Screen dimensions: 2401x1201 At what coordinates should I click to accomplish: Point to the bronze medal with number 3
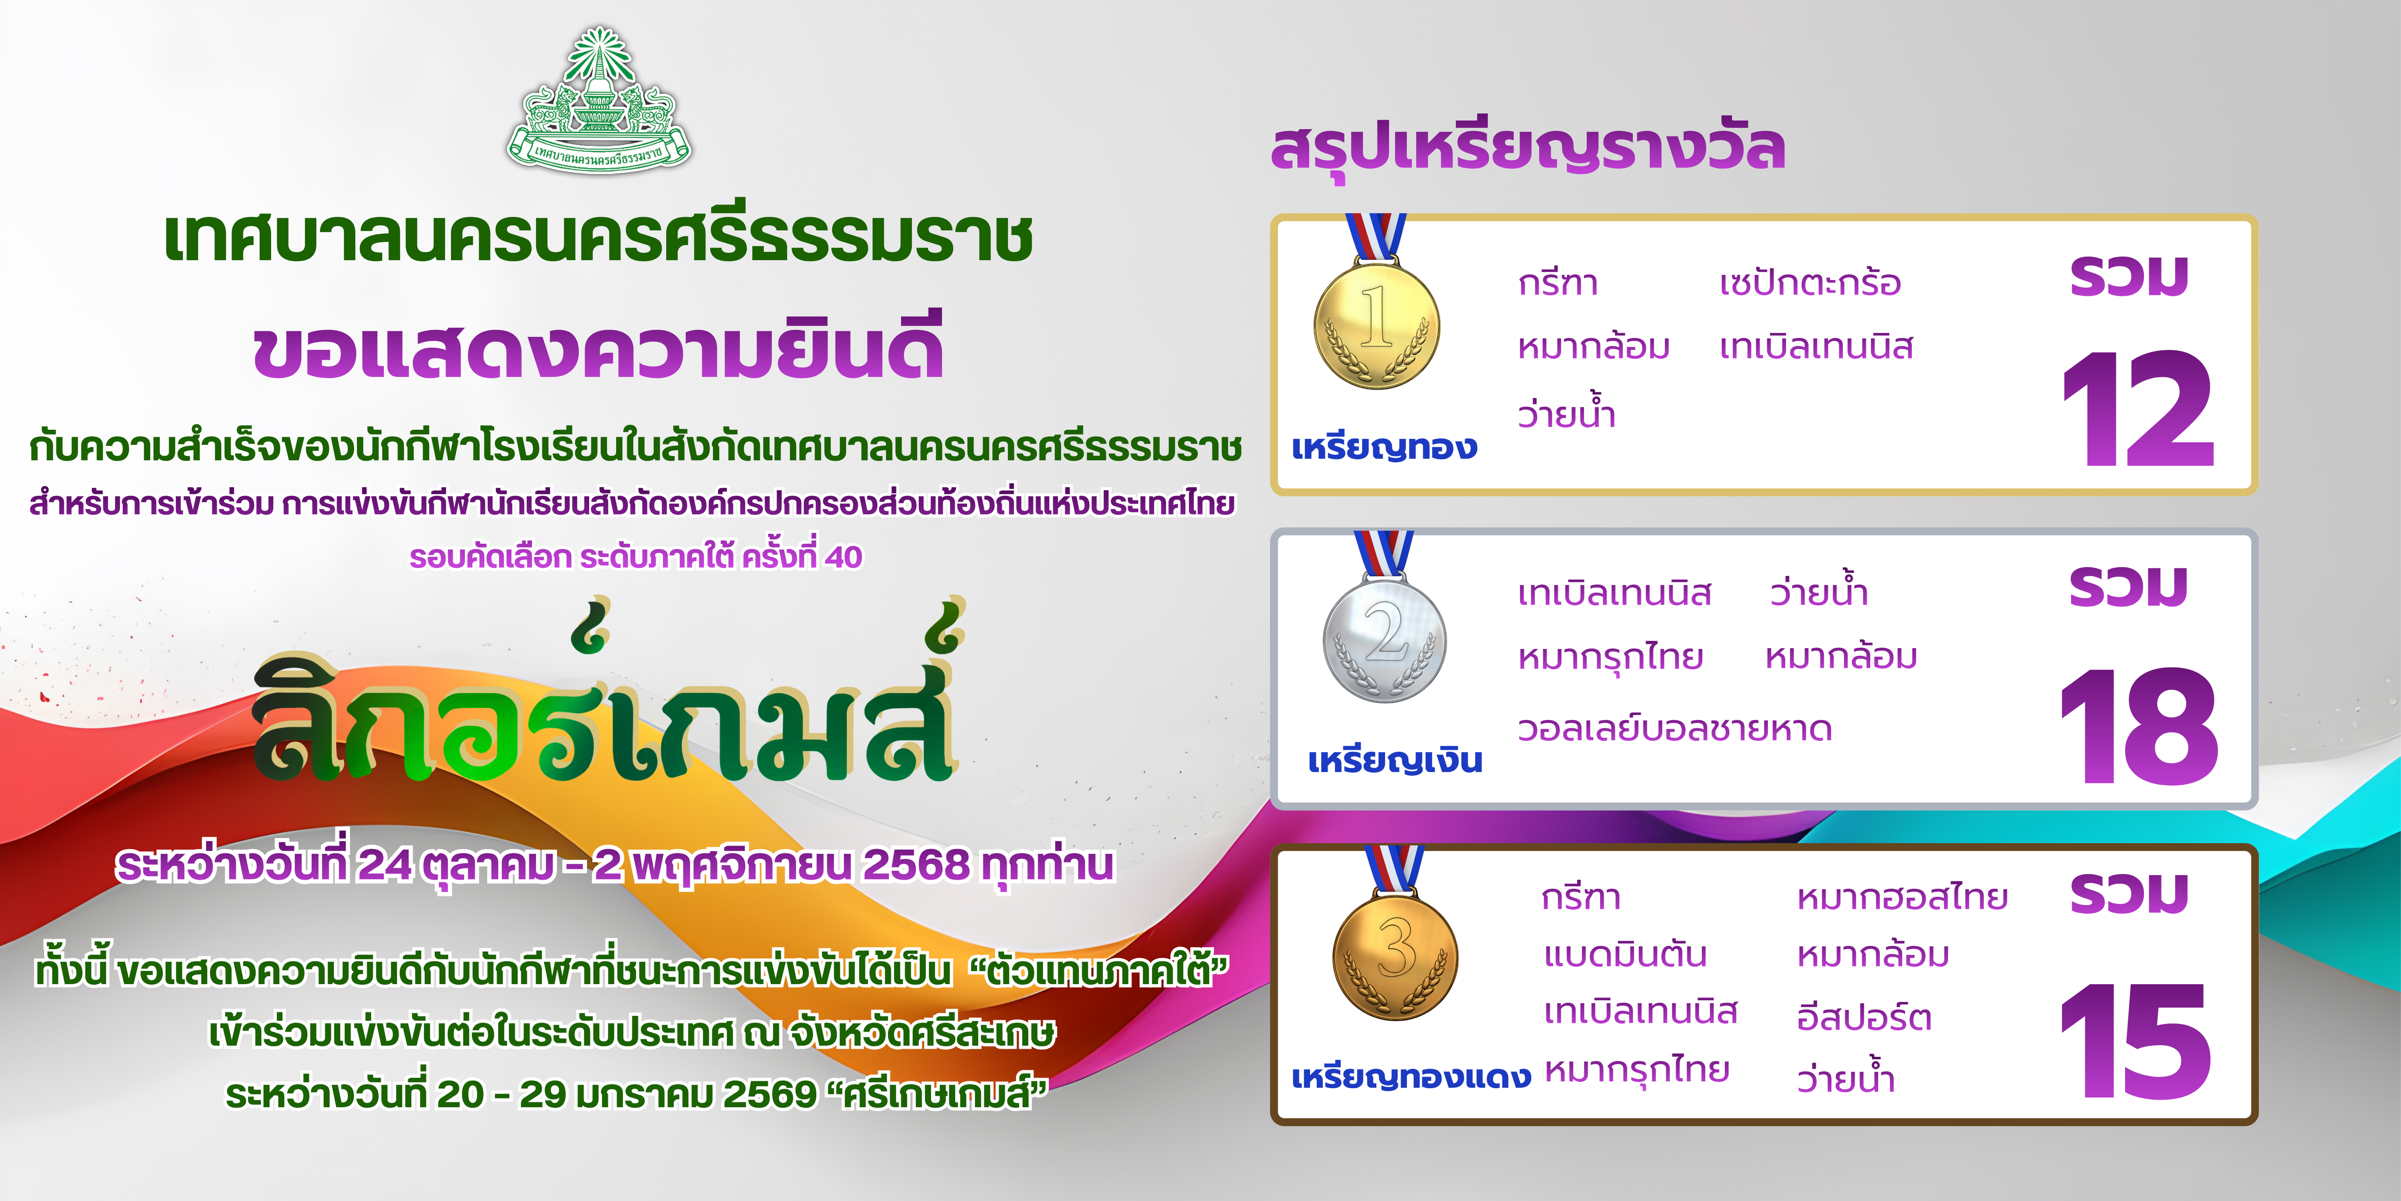(x=1395, y=956)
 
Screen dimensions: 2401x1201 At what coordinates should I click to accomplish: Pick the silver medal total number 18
(x=2139, y=726)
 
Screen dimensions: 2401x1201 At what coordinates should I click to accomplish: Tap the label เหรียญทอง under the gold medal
(x=1384, y=448)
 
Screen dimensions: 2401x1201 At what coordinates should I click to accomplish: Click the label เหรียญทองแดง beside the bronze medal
(x=1411, y=1077)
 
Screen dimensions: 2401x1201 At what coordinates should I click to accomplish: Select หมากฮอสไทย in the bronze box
(x=1902, y=897)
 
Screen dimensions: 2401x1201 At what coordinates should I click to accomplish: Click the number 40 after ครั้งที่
(x=843, y=558)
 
